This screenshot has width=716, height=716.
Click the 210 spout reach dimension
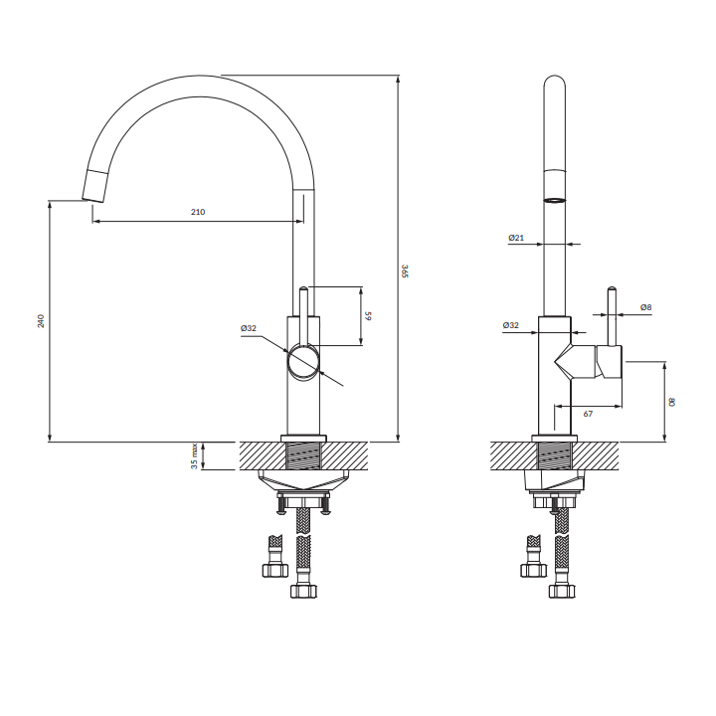(198, 212)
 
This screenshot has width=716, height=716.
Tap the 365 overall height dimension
(405, 270)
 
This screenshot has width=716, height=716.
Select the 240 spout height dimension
(41, 321)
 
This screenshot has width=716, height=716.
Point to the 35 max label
(195, 456)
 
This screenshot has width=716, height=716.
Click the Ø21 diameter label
(516, 238)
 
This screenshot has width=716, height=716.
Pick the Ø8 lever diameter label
(645, 307)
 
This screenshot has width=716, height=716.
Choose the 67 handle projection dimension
(588, 414)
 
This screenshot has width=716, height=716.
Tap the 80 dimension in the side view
(671, 402)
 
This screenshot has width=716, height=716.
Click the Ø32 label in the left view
(249, 328)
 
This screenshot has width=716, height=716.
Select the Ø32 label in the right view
(510, 325)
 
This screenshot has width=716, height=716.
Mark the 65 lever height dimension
(368, 315)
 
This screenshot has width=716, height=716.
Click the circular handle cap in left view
(302, 362)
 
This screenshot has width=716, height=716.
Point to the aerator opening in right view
(554, 200)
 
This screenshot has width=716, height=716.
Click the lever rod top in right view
(612, 289)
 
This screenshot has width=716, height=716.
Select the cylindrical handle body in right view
(609, 362)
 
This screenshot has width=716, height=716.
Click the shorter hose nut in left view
(275, 570)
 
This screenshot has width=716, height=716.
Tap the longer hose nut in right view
(562, 591)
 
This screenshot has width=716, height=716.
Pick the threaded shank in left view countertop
(303, 455)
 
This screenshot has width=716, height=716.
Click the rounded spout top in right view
(554, 82)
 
